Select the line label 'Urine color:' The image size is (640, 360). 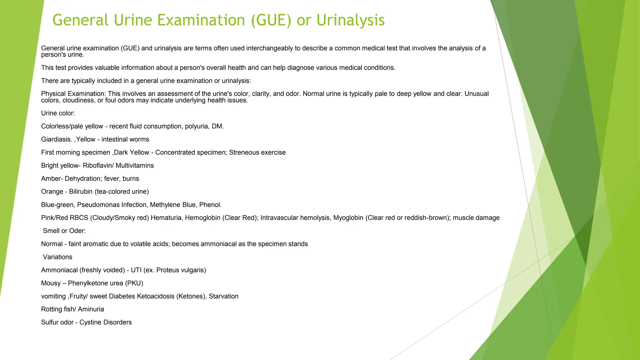[x=58, y=113]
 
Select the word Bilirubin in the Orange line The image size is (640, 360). [x=81, y=192]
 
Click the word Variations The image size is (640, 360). [x=57, y=257]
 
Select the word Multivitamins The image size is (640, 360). [x=135, y=166]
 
